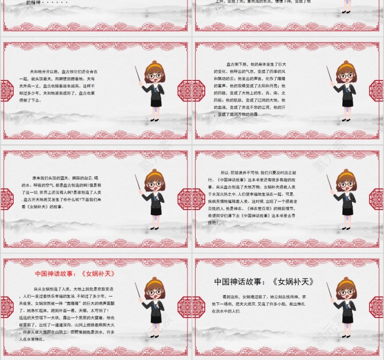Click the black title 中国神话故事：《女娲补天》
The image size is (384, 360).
(x=265, y=282)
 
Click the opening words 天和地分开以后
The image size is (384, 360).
(x=44, y=72)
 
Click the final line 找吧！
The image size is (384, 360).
(x=213, y=222)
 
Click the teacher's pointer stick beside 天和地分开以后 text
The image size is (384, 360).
(x=137, y=75)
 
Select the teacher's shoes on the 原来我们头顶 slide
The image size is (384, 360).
(x=155, y=228)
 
